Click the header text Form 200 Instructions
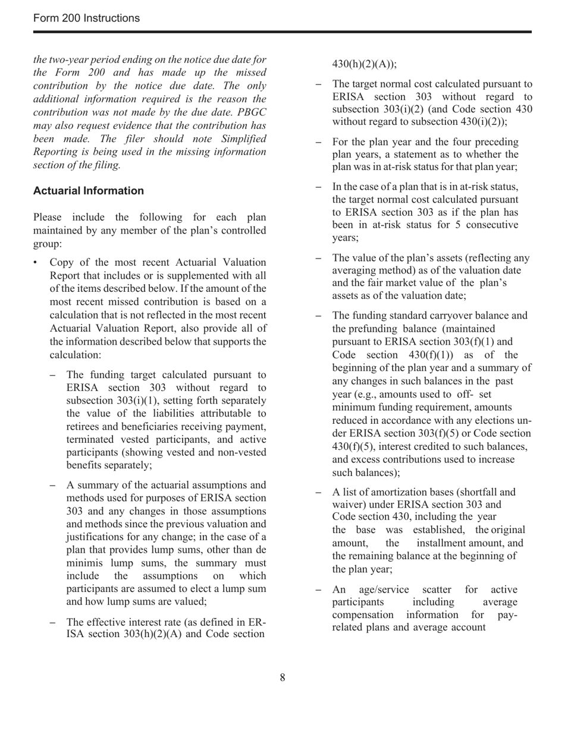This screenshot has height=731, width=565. point(87,18)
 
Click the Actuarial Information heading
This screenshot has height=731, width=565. point(89,191)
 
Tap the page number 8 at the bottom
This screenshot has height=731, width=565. point(282,678)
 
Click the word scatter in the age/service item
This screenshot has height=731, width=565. point(437,590)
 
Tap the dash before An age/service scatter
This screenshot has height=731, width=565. point(319,590)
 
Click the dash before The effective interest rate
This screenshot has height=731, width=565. point(53,622)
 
